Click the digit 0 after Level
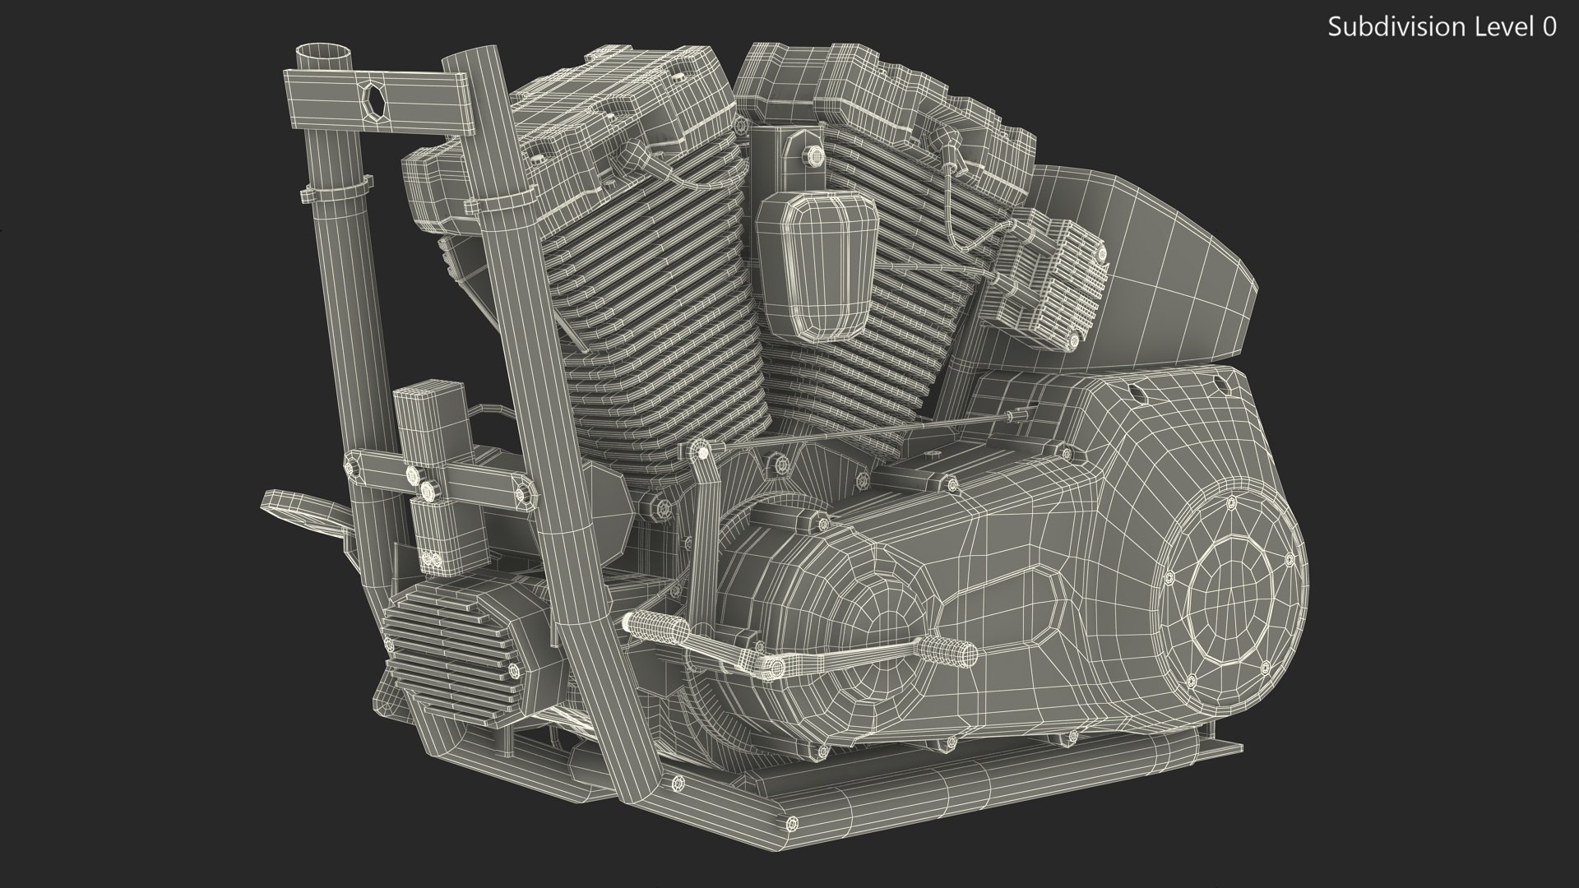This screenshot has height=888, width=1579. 1549,27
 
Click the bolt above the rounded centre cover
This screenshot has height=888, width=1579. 814,152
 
